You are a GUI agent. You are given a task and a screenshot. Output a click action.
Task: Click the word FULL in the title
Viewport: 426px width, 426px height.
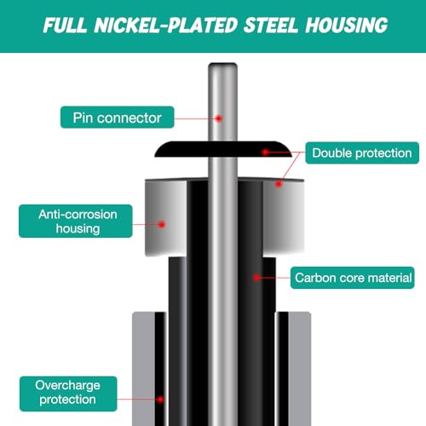(65, 25)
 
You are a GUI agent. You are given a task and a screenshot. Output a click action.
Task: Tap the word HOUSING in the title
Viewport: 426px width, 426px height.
(347, 25)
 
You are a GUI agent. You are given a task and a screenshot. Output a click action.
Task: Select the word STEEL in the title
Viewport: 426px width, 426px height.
(271, 25)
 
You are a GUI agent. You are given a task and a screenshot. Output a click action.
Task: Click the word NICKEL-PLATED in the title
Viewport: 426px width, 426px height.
(165, 25)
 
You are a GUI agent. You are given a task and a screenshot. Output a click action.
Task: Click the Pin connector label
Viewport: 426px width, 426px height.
(118, 118)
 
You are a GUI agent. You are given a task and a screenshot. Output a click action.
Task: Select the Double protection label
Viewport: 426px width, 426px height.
(362, 153)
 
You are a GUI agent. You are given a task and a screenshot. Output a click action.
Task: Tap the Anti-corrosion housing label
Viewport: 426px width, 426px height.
(76, 221)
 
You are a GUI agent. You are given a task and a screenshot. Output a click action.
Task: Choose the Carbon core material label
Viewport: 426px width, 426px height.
(353, 278)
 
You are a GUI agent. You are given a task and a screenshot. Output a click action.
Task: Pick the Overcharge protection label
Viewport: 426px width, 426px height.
(68, 394)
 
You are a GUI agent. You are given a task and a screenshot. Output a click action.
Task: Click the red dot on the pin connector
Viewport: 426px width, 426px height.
(219, 118)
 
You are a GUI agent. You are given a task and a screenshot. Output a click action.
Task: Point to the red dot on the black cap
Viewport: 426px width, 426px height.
(266, 153)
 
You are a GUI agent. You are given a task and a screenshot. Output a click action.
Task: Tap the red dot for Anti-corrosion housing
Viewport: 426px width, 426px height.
(162, 225)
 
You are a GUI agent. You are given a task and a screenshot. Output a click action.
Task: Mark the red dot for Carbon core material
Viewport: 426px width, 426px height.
(256, 278)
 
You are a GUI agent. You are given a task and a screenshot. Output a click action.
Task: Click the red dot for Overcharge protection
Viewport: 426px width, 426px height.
(160, 400)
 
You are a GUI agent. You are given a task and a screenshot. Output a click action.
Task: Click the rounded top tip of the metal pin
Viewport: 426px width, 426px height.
(222, 64)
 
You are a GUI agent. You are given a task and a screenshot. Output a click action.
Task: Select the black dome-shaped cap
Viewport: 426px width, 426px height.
(223, 149)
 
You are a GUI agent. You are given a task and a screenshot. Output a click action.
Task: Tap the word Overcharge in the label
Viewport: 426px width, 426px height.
(67, 385)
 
